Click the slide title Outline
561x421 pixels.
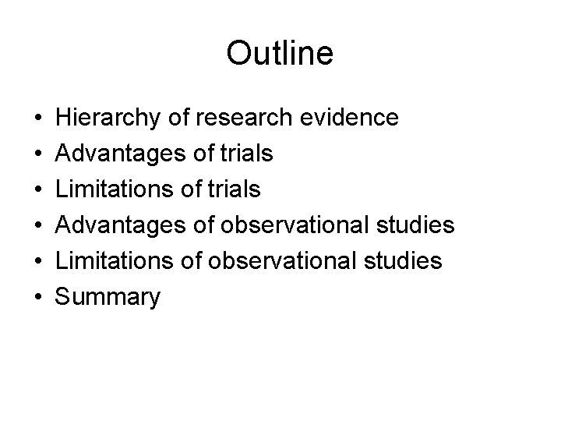point(280,53)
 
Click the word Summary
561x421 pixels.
point(109,297)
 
